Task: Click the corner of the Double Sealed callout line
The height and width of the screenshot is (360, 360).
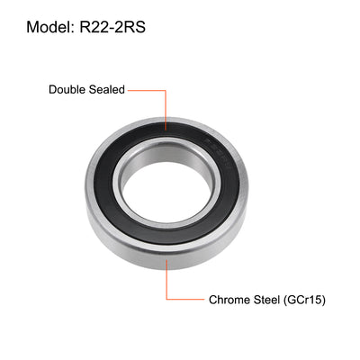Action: tap(164, 89)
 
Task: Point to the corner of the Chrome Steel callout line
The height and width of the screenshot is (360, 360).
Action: tap(164, 299)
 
